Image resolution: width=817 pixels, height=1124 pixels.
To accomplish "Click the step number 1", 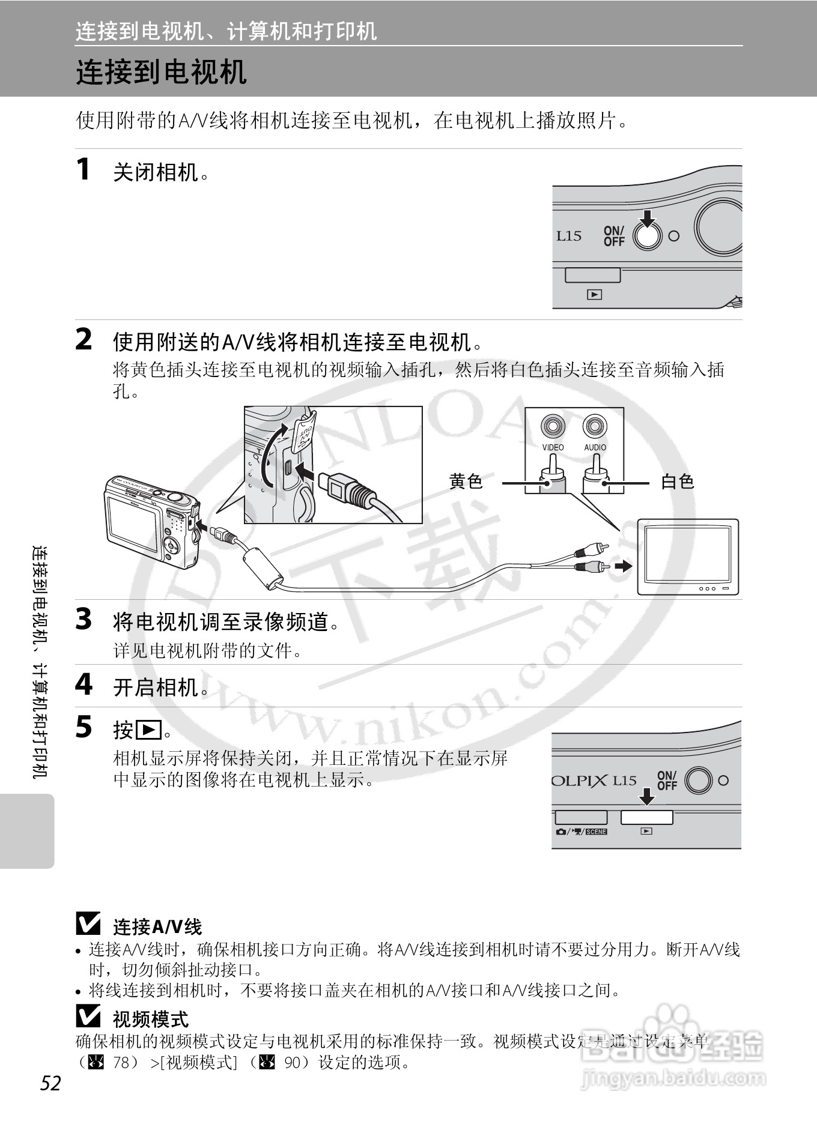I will tap(84, 169).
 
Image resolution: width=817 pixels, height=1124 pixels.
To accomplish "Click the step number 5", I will tap(84, 727).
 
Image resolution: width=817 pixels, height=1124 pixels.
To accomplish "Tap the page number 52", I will tap(51, 1083).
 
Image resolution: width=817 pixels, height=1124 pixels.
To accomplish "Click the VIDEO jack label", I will tap(553, 447).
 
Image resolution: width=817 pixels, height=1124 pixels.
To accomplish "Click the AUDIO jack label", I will tap(595, 447).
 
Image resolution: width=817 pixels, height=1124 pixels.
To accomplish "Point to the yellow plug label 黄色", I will tap(466, 481).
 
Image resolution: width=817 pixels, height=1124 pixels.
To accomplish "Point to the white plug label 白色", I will tap(678, 481).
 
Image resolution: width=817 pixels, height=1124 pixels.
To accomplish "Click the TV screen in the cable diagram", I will tap(687, 554).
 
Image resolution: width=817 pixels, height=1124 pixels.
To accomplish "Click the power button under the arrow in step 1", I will tap(647, 236).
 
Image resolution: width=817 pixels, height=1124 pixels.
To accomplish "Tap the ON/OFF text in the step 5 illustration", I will tap(667, 781).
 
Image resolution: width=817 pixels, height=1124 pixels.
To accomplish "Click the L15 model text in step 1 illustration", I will tap(568, 236).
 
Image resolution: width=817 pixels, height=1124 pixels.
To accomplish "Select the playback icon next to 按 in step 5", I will tap(148, 730).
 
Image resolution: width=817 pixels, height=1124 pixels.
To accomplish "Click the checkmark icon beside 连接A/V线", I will tap(88, 924).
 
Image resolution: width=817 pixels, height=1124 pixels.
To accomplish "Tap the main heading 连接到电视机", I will tap(161, 73).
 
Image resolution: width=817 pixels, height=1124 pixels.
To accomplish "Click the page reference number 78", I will tap(121, 1062).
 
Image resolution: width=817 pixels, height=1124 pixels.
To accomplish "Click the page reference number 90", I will tap(292, 1062).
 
